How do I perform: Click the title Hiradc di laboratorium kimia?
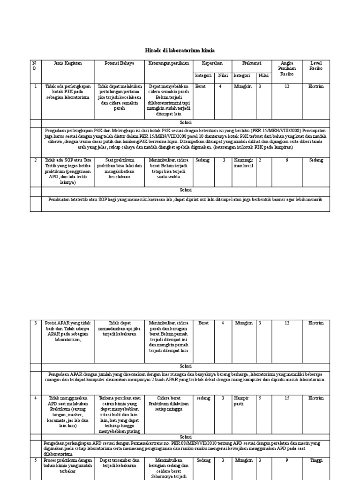point(180,50)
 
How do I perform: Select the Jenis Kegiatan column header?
point(68,63)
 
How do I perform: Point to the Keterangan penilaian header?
point(169,63)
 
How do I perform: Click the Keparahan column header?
point(212,63)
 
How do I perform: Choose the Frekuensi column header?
point(252,63)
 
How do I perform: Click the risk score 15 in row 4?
point(287,398)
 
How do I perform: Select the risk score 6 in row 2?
point(287,160)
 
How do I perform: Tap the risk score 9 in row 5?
point(287,460)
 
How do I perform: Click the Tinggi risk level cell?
point(316,460)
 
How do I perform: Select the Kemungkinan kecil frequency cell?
point(243,163)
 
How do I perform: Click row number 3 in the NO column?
point(36,323)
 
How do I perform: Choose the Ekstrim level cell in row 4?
point(316,398)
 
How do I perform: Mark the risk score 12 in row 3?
point(287,323)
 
